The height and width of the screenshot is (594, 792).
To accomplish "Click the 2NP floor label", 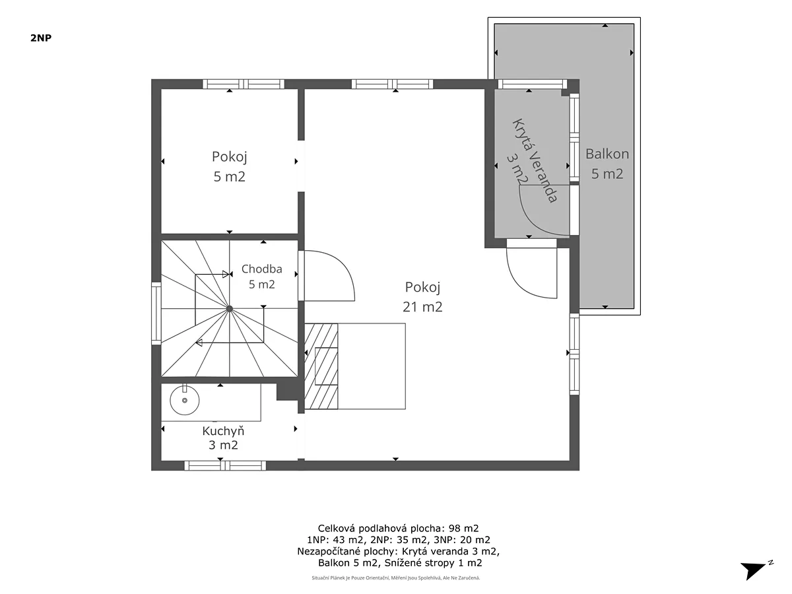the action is pyautogui.click(x=41, y=38).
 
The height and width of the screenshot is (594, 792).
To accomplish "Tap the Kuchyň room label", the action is pyautogui.click(x=223, y=431).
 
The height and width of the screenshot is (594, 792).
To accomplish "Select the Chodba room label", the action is pyautogui.click(x=261, y=269).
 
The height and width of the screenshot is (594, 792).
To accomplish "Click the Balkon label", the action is pyautogui.click(x=607, y=154).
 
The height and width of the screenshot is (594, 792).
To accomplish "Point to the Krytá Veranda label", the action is pyautogui.click(x=535, y=161).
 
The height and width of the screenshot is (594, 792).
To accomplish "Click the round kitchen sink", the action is pyautogui.click(x=184, y=400).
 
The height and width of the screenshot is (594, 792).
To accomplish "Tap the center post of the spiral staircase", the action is pyautogui.click(x=230, y=309).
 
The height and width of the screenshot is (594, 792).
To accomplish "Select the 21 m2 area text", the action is pyautogui.click(x=422, y=307).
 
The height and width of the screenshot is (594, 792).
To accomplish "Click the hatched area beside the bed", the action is pyautogui.click(x=321, y=366).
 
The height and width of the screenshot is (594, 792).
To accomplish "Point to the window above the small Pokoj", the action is pyautogui.click(x=244, y=84).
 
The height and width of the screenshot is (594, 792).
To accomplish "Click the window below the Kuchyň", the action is pyautogui.click(x=225, y=465).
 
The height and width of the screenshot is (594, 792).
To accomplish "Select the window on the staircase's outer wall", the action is pyautogui.click(x=156, y=313).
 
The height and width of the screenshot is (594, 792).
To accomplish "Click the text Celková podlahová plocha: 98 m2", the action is pyautogui.click(x=399, y=529).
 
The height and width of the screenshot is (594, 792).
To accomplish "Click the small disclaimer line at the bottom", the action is pyautogui.click(x=396, y=577).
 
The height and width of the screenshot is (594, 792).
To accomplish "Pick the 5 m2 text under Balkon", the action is pyautogui.click(x=607, y=174).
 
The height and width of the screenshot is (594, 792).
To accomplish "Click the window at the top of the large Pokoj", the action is pyautogui.click(x=392, y=84).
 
